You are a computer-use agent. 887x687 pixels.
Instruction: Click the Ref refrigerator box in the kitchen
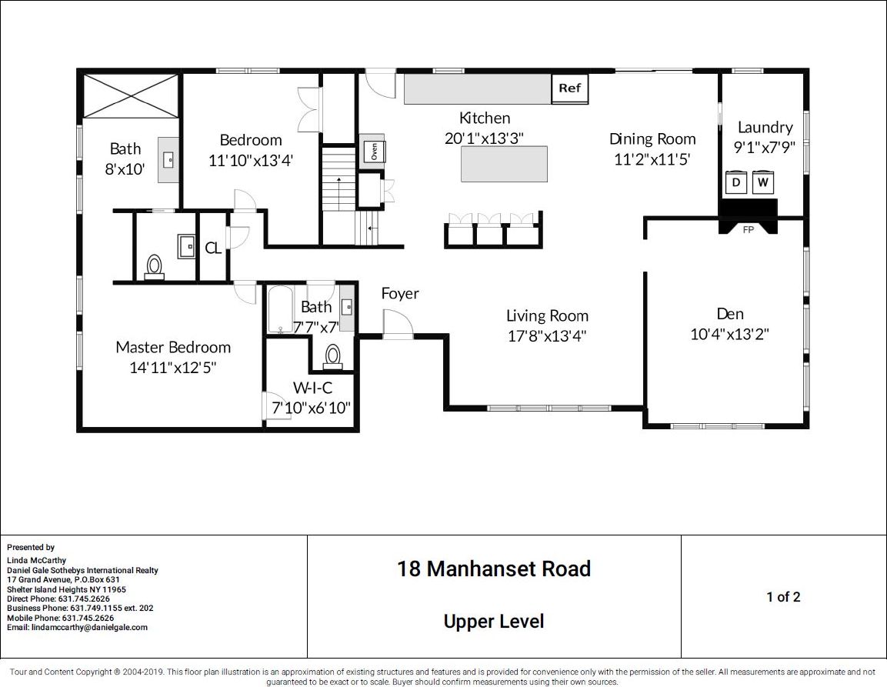(x=569, y=88)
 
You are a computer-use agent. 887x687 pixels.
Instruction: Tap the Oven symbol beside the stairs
(x=372, y=148)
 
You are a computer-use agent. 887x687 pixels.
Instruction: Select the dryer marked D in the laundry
(x=736, y=182)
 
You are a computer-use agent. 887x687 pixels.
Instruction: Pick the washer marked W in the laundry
(x=763, y=182)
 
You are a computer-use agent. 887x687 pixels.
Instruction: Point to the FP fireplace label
(x=748, y=230)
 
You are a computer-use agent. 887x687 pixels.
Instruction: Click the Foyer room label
(x=400, y=293)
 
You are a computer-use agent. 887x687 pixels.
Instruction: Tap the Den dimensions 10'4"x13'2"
(x=730, y=334)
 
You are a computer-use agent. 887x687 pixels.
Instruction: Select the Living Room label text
(x=547, y=315)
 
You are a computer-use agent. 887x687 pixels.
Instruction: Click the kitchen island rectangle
(x=504, y=164)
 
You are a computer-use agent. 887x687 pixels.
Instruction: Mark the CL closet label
(x=213, y=248)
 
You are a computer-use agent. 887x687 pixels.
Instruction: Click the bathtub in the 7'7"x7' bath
(x=280, y=309)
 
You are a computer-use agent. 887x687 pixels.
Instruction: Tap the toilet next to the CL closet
(x=155, y=266)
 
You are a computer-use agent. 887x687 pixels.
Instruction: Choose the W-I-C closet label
(x=312, y=388)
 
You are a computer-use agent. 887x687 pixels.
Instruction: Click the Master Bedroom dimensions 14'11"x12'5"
(x=173, y=367)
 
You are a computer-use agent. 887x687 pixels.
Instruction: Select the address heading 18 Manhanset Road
(x=494, y=569)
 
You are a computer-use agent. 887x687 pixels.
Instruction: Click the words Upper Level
(x=494, y=622)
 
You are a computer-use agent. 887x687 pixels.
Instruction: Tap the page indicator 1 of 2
(x=783, y=597)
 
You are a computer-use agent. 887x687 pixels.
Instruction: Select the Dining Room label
(x=652, y=139)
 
